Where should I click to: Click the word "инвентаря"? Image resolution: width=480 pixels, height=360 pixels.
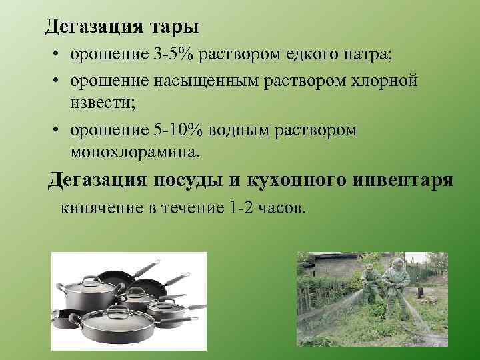coord(406,180)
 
